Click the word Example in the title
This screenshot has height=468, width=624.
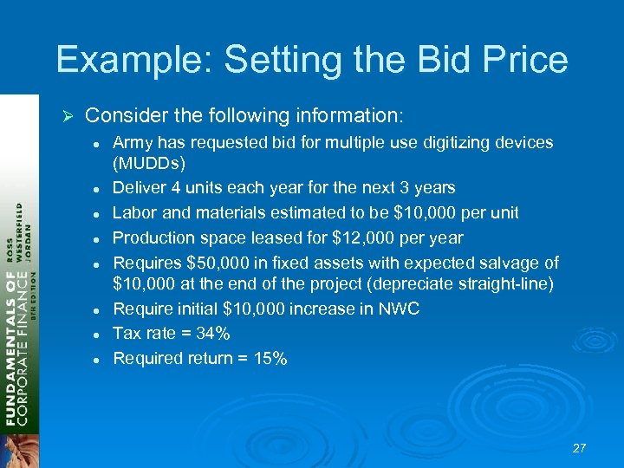click(131, 60)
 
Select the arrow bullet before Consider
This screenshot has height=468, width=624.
click(72, 115)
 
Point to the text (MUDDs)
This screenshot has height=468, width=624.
click(150, 163)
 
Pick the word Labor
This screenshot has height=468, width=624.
click(135, 212)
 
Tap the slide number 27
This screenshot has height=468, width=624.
click(580, 448)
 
